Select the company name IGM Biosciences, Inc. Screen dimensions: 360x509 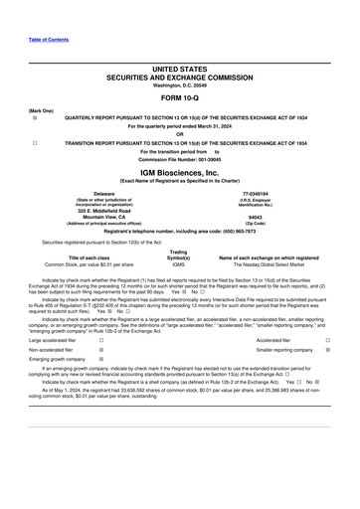pyautogui.click(x=180, y=172)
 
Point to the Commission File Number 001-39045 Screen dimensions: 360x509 pyautogui.click(x=180, y=160)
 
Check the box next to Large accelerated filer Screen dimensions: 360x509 pyautogui.click(x=101, y=340)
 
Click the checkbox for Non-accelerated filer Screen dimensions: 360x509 pyautogui.click(x=101, y=351)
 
